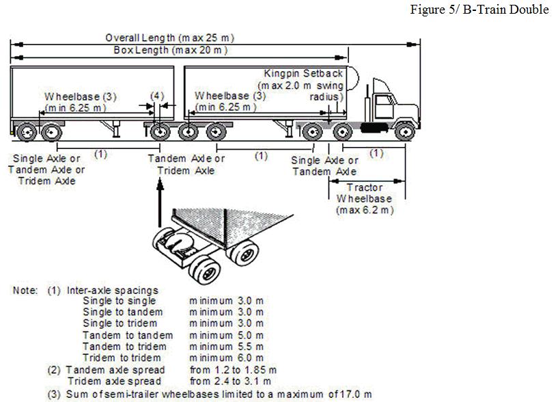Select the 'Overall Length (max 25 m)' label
pos(174,38)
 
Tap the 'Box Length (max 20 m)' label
pos(171,51)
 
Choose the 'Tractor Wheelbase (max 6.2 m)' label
pos(365,198)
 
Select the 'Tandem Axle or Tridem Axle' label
pos(186,164)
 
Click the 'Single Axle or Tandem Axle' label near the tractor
pos(324,165)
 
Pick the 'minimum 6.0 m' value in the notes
pos(226,358)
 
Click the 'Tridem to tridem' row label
pos(122,358)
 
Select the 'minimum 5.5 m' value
pos(226,347)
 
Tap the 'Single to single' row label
pos(119,301)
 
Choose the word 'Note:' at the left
pos(25,290)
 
